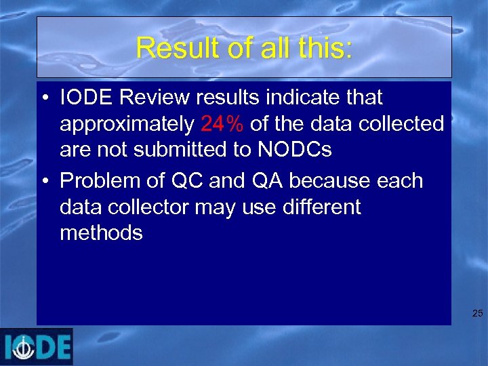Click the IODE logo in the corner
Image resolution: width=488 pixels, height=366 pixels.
(37, 346)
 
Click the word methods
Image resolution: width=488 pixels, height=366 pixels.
(101, 233)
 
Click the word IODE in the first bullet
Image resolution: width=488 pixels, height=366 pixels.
(81, 98)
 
